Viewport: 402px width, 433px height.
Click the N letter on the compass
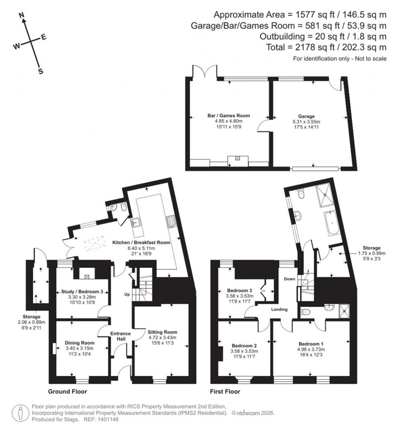pyautogui.click(x=22, y=15)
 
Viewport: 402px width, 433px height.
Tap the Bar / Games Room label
pyautogui.click(x=228, y=116)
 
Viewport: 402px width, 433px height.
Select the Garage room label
pyautogui.click(x=306, y=116)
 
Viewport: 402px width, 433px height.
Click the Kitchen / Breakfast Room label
pyautogui.click(x=141, y=242)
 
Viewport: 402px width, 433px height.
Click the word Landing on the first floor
pyautogui.click(x=279, y=309)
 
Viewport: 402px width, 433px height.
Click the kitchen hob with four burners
pyautogui.click(x=171, y=222)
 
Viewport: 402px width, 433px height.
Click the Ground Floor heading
pyautogui.click(x=67, y=391)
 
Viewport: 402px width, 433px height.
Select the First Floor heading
pyautogui.click(x=225, y=391)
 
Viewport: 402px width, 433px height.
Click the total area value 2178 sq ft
pyautogui.click(x=308, y=47)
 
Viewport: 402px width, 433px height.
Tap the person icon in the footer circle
pyautogui.click(x=20, y=413)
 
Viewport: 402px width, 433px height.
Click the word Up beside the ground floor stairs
pyautogui.click(x=126, y=293)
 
